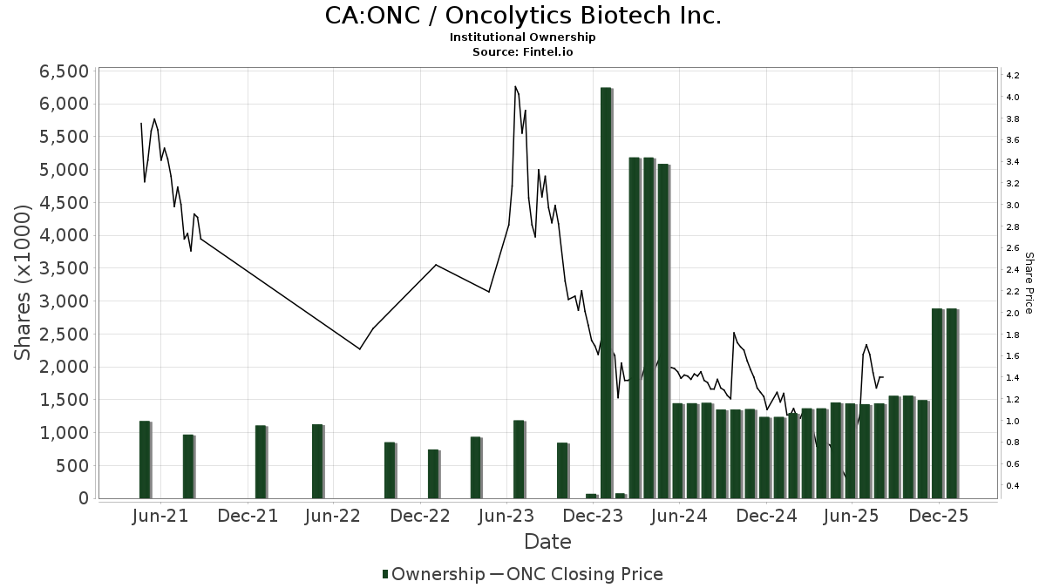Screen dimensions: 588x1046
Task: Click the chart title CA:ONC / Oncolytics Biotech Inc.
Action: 523,16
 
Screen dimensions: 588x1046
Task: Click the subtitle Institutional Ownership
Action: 523,37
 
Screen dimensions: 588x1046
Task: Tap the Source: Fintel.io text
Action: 523,51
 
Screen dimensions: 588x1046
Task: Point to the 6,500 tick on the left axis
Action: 65,71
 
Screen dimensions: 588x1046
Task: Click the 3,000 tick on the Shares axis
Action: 65,301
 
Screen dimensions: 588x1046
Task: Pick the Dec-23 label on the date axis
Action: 592,516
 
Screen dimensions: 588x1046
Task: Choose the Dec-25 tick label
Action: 938,516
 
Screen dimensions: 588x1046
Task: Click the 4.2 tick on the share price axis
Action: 1013,76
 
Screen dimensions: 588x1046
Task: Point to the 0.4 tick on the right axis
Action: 1013,485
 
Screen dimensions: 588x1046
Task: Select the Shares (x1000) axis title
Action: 24,282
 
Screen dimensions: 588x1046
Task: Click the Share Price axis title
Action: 1029,283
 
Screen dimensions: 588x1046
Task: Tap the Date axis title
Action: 547,542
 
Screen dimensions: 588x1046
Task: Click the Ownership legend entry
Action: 434,574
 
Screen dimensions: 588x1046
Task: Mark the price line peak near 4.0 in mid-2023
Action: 515,87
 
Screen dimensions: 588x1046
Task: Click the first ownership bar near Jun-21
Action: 145,459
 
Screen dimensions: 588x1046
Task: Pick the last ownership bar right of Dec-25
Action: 952,403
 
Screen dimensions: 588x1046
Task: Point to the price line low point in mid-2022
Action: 360,349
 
